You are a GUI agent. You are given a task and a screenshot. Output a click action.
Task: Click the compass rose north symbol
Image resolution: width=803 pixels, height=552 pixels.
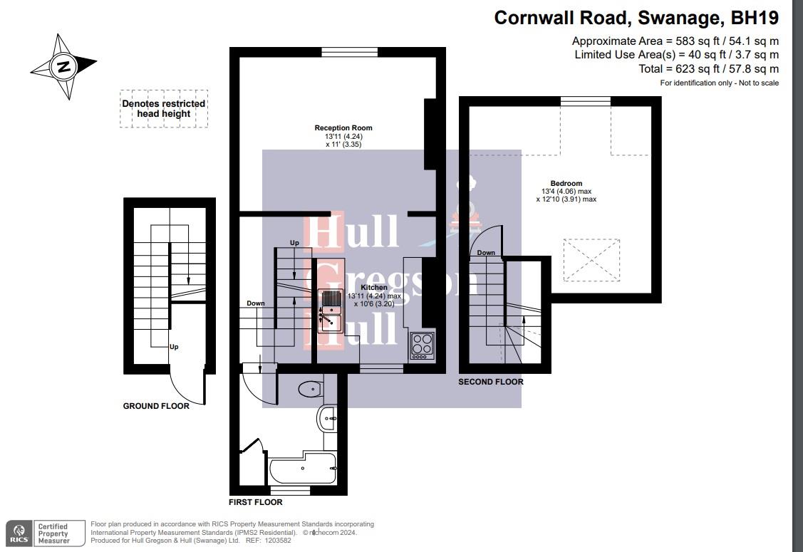pyautogui.click(x=64, y=67)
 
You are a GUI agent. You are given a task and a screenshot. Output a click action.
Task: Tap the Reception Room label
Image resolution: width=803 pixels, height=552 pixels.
pyautogui.click(x=343, y=128)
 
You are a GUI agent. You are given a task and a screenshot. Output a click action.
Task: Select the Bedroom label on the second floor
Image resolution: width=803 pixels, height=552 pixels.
pyautogui.click(x=566, y=184)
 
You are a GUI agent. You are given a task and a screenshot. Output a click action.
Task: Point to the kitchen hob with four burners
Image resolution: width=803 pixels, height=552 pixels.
pyautogui.click(x=422, y=345)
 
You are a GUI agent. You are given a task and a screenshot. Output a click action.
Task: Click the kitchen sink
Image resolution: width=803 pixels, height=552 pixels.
pyautogui.click(x=332, y=312)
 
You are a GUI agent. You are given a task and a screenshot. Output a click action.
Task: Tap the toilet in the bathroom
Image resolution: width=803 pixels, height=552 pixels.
pyautogui.click(x=311, y=389)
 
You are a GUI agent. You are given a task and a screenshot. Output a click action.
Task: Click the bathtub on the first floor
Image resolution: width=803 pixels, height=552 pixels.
pyautogui.click(x=303, y=469)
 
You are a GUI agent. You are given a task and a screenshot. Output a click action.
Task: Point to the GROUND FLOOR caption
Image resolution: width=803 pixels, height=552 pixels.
pyautogui.click(x=156, y=406)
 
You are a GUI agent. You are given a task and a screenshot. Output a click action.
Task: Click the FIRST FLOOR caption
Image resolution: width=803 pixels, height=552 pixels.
pyautogui.click(x=255, y=502)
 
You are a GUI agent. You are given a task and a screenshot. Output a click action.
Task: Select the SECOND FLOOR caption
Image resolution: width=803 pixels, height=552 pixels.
pyautogui.click(x=490, y=382)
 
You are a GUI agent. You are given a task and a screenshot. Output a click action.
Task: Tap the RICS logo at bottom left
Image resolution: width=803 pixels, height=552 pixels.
pyautogui.click(x=19, y=533)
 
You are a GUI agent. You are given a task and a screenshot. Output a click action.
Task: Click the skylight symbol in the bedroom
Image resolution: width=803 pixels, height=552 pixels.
pyautogui.click(x=591, y=260)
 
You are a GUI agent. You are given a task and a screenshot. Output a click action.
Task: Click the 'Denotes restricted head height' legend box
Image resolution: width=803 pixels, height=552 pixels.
pyautogui.click(x=164, y=108)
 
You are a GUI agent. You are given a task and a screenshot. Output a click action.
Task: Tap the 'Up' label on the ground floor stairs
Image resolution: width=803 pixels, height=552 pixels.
pyautogui.click(x=173, y=347)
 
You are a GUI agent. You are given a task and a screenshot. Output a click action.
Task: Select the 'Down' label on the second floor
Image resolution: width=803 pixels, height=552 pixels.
pyautogui.click(x=486, y=253)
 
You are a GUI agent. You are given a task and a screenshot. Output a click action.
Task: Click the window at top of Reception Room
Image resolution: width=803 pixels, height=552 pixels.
pyautogui.click(x=349, y=51)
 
